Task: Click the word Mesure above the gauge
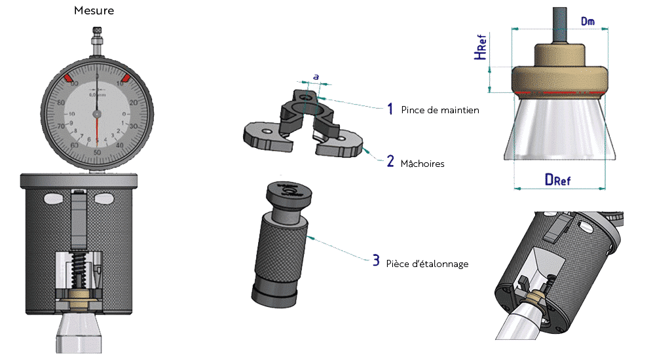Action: pyautogui.click(x=96, y=11)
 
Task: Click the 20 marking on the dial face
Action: pyautogui.click(x=134, y=103)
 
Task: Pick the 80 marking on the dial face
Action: pyautogui.click(x=61, y=103)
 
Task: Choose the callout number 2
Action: pyautogui.click(x=390, y=161)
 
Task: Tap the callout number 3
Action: pyautogui.click(x=375, y=261)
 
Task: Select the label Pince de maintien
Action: pyautogui.click(x=440, y=111)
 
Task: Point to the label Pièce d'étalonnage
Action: pyautogui.click(x=427, y=263)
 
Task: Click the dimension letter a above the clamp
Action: pyautogui.click(x=316, y=77)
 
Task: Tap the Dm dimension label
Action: pyautogui.click(x=588, y=22)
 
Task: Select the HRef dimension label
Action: pyautogui.click(x=482, y=48)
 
